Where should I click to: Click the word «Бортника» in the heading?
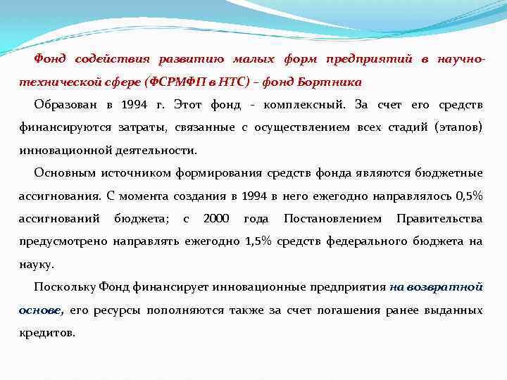coord(333,82)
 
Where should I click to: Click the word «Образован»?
coord(66,105)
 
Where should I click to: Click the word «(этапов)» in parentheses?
coord(457,127)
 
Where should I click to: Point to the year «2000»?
coord(216,219)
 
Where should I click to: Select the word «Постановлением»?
coord(332,219)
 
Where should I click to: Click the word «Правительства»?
coord(439,219)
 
